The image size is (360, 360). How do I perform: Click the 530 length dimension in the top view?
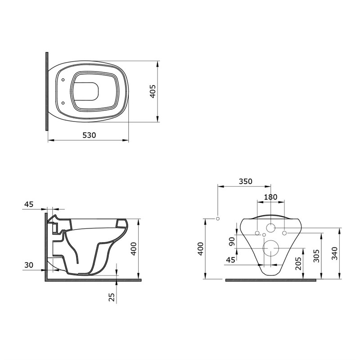click(x=89, y=135)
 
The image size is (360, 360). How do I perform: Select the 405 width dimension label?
click(x=153, y=91)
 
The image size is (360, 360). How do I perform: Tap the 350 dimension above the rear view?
click(x=245, y=181)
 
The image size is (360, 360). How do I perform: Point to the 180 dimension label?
click(x=270, y=197)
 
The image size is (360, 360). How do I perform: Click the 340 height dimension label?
click(x=335, y=253)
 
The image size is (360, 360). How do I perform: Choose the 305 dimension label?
click(x=316, y=256)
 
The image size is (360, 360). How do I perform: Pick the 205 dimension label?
click(x=298, y=264)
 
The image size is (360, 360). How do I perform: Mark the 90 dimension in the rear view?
click(x=232, y=241)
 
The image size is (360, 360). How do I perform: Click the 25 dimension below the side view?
click(x=112, y=297)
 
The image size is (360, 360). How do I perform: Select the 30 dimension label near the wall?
click(x=29, y=265)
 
